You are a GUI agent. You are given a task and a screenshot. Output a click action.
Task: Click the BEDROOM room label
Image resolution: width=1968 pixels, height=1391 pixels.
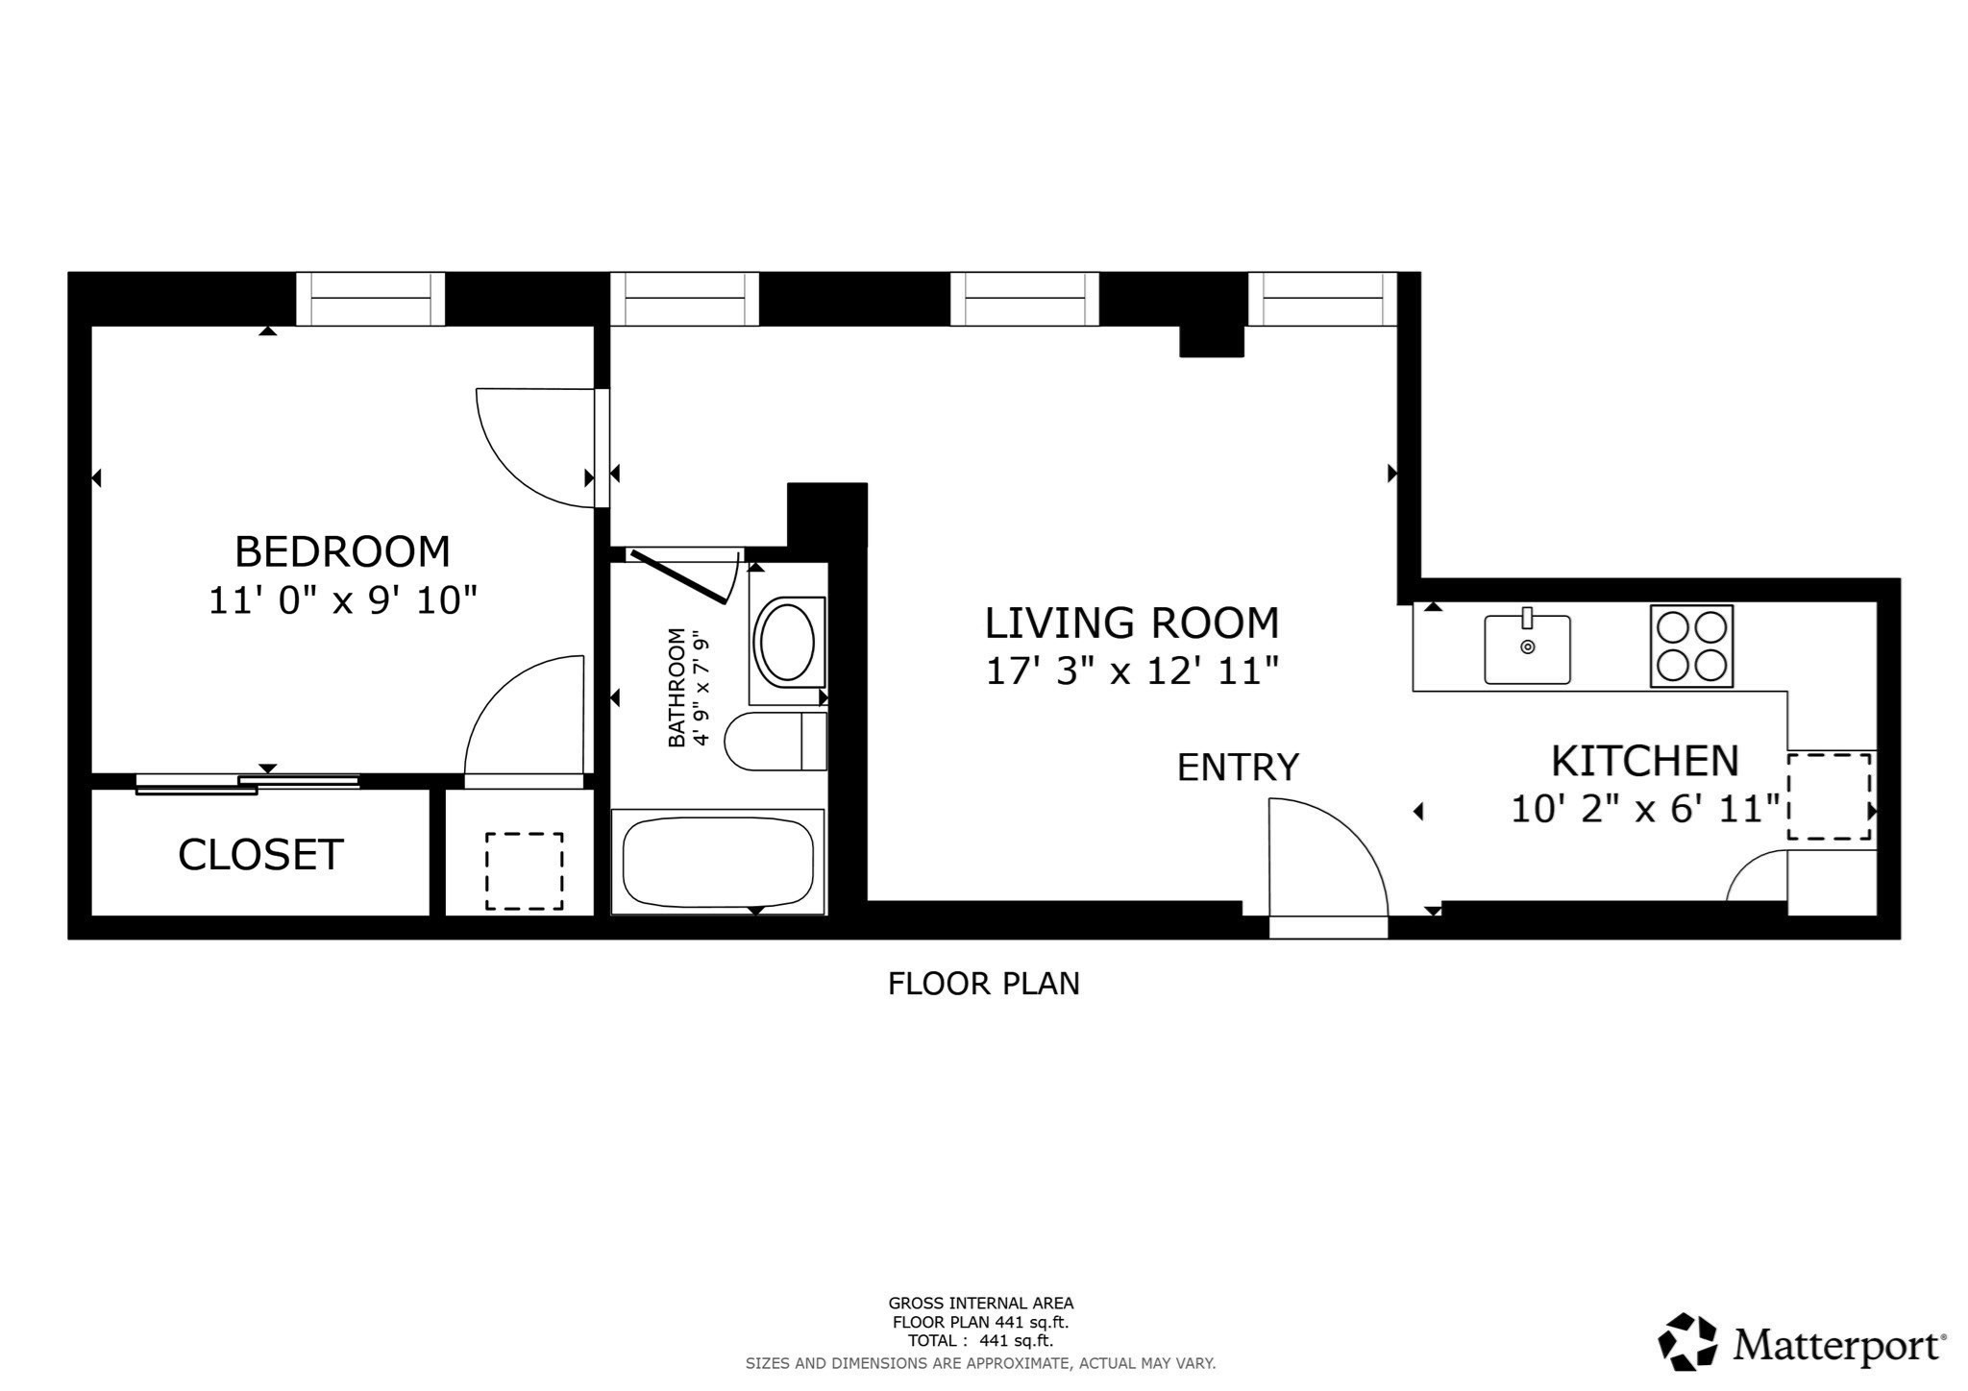pyautogui.click(x=342, y=552)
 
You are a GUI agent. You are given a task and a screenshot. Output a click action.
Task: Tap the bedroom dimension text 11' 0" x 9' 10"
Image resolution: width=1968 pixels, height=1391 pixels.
pyautogui.click(x=343, y=601)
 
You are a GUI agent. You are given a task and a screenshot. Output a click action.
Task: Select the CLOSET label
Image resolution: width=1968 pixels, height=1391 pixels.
pyautogui.click(x=260, y=855)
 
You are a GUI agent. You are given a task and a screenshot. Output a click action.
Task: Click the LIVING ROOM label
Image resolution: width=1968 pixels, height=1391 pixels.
pyautogui.click(x=1132, y=623)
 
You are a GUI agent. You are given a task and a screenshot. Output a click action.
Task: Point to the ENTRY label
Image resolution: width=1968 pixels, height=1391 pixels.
pyautogui.click(x=1238, y=768)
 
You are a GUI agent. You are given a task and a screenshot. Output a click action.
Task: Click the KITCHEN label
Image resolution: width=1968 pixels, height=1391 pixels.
pyautogui.click(x=1645, y=762)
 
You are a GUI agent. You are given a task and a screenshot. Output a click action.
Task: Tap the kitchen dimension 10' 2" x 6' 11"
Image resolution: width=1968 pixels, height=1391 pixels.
pyautogui.click(x=1645, y=809)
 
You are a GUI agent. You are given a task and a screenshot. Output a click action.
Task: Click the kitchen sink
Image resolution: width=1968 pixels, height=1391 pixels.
pyautogui.click(x=1527, y=649)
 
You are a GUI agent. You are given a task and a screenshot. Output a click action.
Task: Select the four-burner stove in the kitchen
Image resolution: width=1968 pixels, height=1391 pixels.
pyautogui.click(x=1691, y=646)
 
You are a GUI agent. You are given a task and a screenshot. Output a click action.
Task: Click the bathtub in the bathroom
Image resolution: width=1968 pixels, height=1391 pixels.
pyautogui.click(x=718, y=862)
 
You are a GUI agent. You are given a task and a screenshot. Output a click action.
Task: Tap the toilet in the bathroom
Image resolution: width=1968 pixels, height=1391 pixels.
pyautogui.click(x=775, y=742)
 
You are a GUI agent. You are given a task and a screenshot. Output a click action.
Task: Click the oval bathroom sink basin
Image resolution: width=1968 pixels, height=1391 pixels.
pyautogui.click(x=787, y=642)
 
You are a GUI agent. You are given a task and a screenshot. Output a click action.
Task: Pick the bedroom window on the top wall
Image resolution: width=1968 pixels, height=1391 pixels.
pyautogui.click(x=370, y=299)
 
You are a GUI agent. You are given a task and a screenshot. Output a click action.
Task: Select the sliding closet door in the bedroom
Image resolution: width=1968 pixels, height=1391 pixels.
pyautogui.click(x=248, y=783)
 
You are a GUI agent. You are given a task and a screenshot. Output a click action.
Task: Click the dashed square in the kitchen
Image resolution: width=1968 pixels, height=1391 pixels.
pyautogui.click(x=1829, y=796)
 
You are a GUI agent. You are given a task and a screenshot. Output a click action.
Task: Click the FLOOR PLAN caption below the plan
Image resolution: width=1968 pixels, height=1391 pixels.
pyautogui.click(x=983, y=984)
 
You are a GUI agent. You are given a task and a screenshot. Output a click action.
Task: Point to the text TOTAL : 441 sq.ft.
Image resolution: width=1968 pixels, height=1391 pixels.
pyautogui.click(x=980, y=1341)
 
